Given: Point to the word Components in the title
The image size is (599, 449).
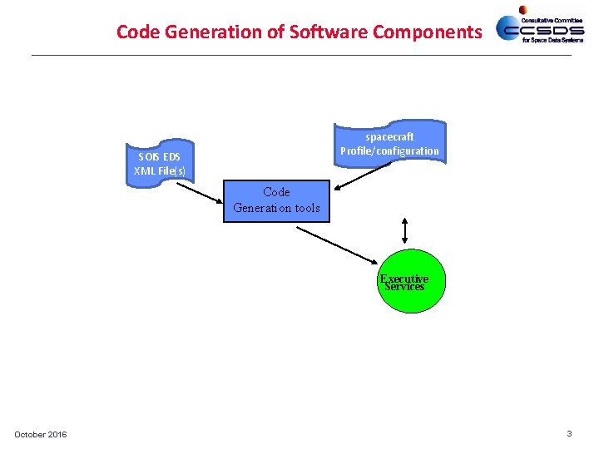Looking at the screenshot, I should point(427,32).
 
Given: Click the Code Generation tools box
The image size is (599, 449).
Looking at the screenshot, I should point(276,200).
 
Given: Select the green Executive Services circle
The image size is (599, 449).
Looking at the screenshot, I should point(404,282).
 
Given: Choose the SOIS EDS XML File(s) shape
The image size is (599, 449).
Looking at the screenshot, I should point(160,164).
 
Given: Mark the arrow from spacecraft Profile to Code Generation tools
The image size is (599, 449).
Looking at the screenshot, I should point(359,179).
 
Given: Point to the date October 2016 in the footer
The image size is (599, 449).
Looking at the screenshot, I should point(41,435).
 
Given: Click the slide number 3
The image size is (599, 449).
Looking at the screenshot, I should point(569,433).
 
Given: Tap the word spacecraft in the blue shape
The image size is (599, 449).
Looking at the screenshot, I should point(389,136).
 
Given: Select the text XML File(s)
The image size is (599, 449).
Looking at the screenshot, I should point(160,171).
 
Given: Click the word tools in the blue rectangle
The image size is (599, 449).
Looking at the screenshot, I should point(303,208).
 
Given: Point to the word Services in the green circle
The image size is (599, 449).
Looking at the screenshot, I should point(404,287).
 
